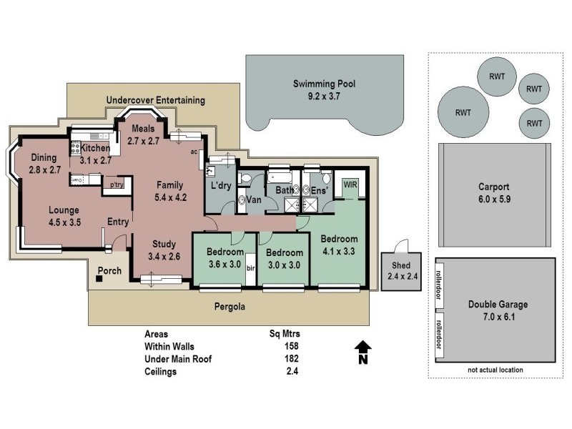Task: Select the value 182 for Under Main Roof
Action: tap(291, 359)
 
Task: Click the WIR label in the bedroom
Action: tap(350, 184)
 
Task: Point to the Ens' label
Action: tap(318, 191)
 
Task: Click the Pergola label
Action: tap(230, 307)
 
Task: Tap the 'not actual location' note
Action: tap(495, 370)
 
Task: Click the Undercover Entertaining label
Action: tap(155, 100)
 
